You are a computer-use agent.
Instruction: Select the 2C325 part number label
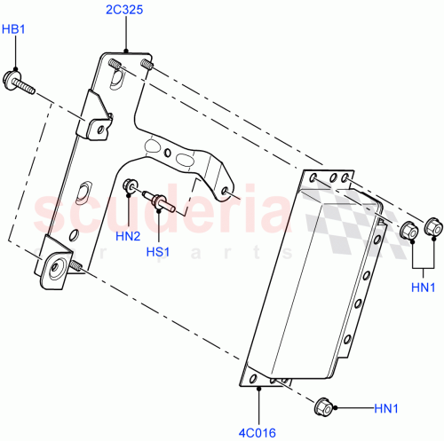(x=125, y=12)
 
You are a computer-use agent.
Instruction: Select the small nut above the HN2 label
(x=131, y=186)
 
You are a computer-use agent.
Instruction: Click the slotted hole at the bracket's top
(x=116, y=79)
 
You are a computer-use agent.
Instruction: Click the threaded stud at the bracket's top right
(x=147, y=65)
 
